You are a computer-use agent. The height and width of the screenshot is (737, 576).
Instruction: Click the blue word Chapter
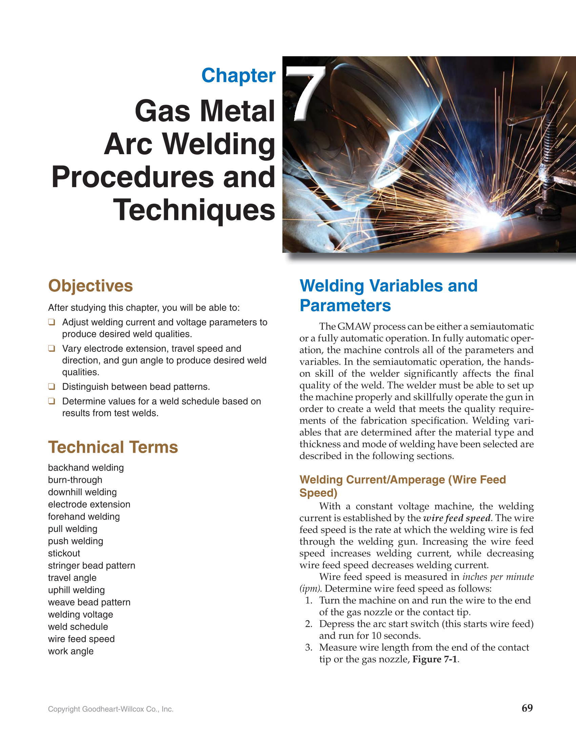click(238, 76)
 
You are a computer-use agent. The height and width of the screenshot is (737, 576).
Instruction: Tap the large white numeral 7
click(306, 93)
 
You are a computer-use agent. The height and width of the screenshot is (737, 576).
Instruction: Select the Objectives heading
click(91, 286)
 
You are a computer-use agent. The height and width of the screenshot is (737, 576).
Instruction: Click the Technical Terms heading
click(113, 447)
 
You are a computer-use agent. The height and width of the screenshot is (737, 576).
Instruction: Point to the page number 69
click(527, 708)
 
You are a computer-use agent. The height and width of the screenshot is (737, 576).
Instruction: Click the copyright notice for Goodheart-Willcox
click(111, 709)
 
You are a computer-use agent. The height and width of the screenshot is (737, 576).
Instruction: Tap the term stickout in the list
click(64, 553)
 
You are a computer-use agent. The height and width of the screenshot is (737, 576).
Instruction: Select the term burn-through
click(75, 480)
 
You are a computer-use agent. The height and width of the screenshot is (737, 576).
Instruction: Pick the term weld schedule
click(78, 627)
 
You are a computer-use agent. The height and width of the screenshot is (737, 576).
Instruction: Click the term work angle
click(71, 651)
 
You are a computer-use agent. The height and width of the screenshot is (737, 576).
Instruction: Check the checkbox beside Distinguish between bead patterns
click(52, 386)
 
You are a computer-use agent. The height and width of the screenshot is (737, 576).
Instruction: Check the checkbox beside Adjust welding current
click(52, 322)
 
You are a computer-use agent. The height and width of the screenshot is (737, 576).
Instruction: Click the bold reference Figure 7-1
click(435, 659)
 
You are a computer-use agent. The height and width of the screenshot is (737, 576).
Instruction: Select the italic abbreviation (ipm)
click(309, 588)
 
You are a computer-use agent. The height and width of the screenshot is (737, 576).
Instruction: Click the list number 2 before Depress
click(309, 624)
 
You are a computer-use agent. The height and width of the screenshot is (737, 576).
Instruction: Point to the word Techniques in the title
click(194, 210)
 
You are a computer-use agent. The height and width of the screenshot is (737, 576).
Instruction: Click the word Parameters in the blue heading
click(345, 305)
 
